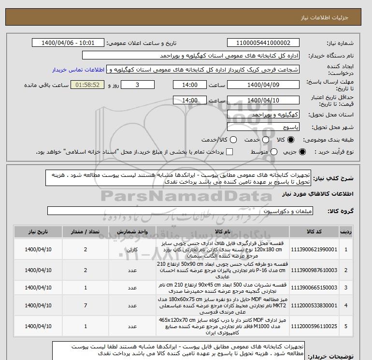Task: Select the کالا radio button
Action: coord(290,140)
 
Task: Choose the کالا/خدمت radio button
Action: coord(234,140)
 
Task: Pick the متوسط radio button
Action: coord(271,152)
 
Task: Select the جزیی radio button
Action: coord(302,152)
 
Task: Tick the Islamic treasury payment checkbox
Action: coord(229,152)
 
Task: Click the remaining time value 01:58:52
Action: coord(88,85)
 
